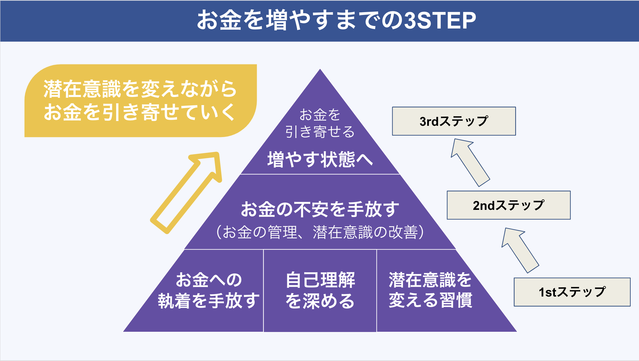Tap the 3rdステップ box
(454, 121)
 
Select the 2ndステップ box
(509, 205)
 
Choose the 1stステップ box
(572, 292)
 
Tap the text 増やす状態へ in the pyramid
(320, 159)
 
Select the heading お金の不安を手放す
(320, 209)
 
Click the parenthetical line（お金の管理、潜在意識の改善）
(320, 232)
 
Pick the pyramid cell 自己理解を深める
(320, 291)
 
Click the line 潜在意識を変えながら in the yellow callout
(140, 89)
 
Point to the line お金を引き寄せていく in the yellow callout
(140, 112)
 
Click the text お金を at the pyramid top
(320, 115)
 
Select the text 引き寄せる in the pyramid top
(320, 132)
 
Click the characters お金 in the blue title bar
(219, 21)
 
